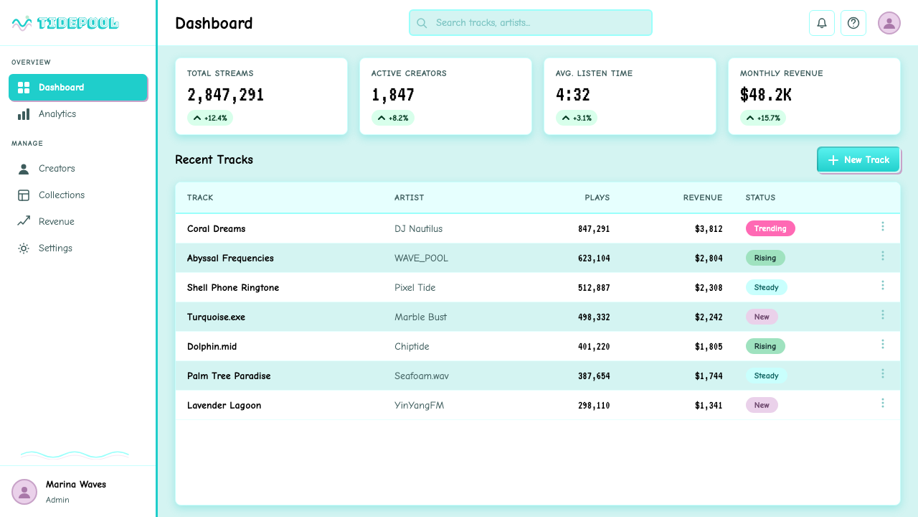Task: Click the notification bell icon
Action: point(822,23)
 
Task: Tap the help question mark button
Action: point(853,23)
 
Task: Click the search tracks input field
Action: point(530,22)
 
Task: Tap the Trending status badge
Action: point(770,228)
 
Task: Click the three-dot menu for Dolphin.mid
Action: point(883,344)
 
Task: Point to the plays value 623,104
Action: point(594,258)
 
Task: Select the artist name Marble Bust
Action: point(420,317)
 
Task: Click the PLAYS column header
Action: point(597,197)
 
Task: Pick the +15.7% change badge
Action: point(762,118)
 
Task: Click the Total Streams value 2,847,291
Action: point(225,95)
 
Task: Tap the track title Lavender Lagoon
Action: point(224,406)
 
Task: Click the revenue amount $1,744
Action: point(709,376)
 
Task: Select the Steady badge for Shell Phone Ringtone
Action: point(766,287)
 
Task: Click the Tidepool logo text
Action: point(78,23)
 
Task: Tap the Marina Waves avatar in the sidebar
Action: point(24,492)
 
